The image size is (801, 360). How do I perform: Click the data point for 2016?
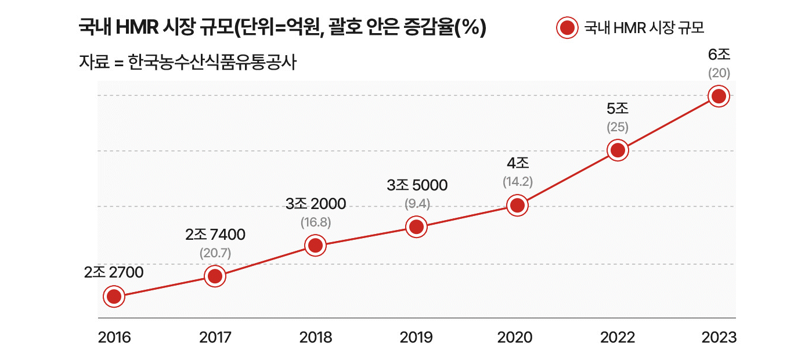114,297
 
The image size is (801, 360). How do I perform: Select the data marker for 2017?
215,276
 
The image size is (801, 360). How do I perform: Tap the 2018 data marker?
315,246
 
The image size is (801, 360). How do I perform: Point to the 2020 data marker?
517,205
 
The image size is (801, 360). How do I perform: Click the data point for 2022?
618,150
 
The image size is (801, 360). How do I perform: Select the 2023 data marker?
719,96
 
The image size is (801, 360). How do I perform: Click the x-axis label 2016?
114,338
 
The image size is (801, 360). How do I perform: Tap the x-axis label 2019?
416,338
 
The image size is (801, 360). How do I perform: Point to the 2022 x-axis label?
618,338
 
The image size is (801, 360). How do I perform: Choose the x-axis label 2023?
719,338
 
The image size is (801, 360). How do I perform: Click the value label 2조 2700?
114,272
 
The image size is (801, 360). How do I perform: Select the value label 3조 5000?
417,185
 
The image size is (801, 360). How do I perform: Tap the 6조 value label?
719,55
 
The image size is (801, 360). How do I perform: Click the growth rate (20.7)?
215,253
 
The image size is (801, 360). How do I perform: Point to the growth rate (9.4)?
417,204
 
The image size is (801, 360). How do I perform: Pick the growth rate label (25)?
618,127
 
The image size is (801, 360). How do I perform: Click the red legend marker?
567,27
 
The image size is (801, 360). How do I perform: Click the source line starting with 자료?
187,62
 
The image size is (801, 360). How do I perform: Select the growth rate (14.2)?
517,182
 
